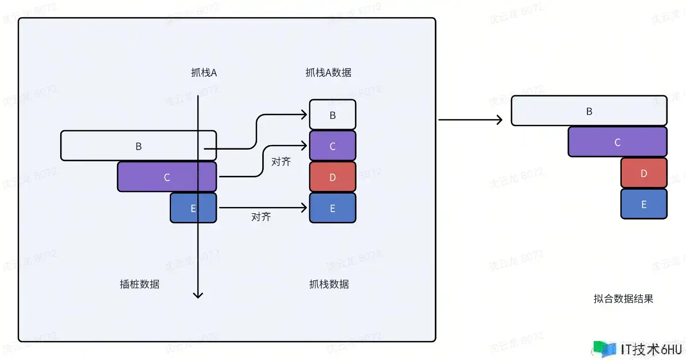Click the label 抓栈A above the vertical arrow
coord(204,73)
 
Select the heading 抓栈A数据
coord(328,73)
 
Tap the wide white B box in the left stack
coord(138,146)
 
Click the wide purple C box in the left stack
coord(166,177)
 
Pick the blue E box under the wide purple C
coord(193,208)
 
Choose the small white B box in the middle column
coord(333,115)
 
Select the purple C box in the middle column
coord(333,146)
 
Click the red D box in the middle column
coord(333,177)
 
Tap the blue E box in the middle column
coord(333,208)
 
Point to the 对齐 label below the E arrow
coord(261,217)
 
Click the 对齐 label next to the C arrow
coord(280,162)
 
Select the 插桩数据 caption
coord(139,284)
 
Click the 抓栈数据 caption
coord(329,284)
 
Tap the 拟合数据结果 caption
coord(623,299)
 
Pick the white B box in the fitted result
coord(589,111)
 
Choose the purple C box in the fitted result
coord(617,142)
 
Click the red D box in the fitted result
coord(644,173)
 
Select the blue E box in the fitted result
coord(644,204)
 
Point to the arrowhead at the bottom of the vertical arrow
coord(198,295)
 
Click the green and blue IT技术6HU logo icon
coord(604,349)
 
